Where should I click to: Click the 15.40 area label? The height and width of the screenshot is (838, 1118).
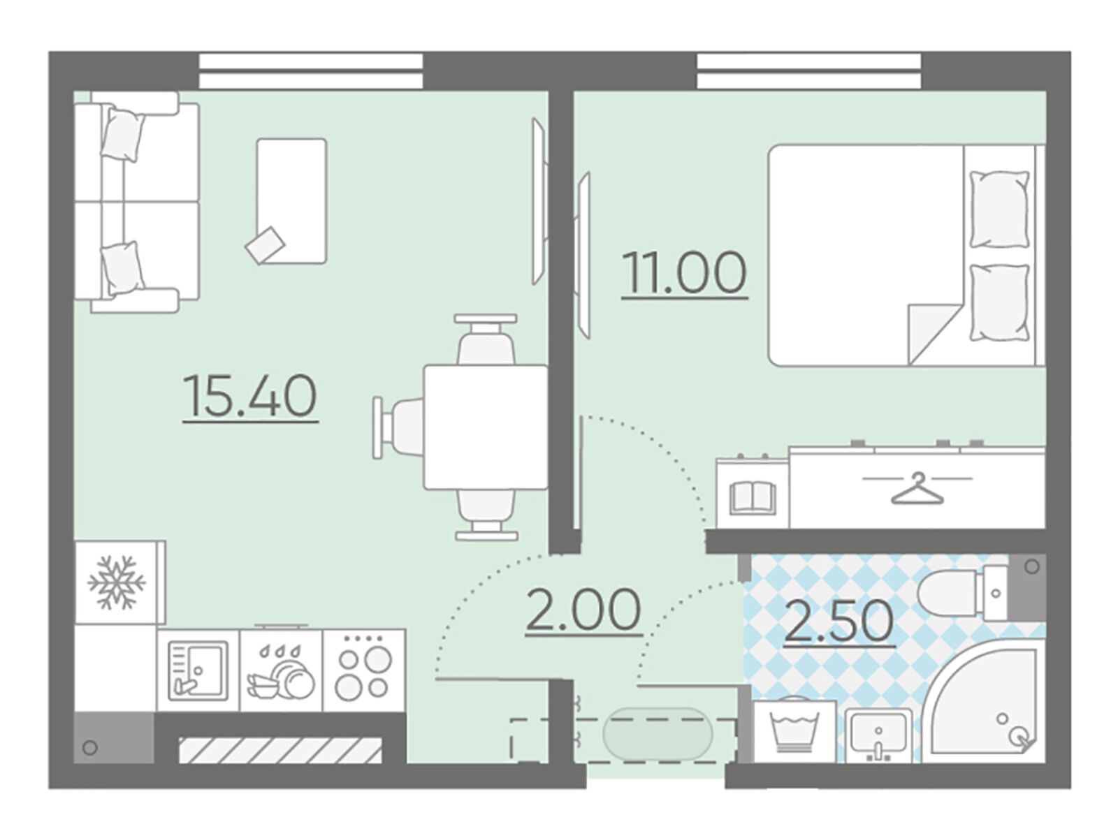pos(251,395)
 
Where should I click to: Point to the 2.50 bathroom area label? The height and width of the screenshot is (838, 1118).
pos(839,622)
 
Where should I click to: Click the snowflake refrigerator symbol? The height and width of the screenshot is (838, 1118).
pos(117,582)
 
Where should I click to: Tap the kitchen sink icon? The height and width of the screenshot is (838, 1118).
pos(198,670)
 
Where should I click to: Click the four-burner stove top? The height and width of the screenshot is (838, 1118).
pos(363,670)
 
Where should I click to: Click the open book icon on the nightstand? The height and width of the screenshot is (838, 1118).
pos(753,498)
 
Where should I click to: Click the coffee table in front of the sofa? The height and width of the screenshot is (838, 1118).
pos(291,201)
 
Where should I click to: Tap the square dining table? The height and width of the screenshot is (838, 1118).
pos(486,427)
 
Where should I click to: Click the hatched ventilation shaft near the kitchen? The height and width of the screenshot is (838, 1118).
pos(280,750)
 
